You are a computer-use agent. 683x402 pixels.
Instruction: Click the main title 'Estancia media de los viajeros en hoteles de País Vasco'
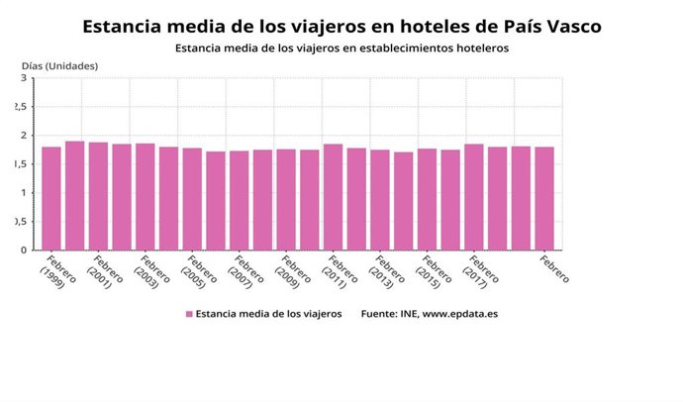(x=341, y=25)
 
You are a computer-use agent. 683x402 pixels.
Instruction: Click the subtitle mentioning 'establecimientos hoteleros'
(x=341, y=48)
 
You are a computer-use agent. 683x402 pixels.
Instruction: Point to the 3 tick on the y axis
(x=23, y=78)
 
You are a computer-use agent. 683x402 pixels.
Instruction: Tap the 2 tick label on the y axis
(x=23, y=136)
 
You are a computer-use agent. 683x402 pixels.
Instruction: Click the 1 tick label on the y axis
(x=23, y=193)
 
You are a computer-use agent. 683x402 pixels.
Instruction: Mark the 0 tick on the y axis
(x=23, y=251)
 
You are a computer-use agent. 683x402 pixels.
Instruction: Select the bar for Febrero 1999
(x=51, y=198)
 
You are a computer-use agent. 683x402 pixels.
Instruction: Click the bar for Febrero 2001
(x=98, y=196)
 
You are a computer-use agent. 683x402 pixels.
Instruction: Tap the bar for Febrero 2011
(x=333, y=197)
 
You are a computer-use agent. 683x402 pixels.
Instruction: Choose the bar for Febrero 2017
(x=474, y=197)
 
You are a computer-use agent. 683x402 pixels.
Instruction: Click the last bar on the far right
(x=544, y=198)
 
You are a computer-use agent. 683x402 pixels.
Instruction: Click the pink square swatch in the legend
(x=188, y=314)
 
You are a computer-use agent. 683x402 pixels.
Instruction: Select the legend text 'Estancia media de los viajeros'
(x=268, y=314)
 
